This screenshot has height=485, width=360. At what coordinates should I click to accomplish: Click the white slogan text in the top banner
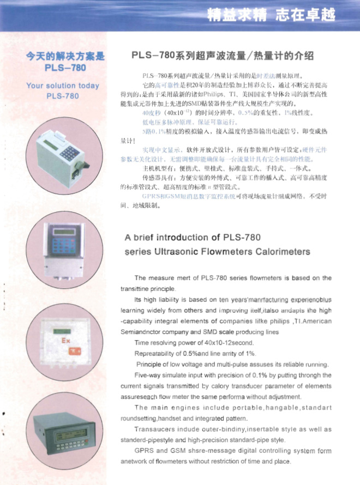[271, 15]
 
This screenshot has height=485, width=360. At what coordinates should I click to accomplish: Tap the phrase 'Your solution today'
[63, 86]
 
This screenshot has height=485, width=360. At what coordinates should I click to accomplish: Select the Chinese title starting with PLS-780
[223, 56]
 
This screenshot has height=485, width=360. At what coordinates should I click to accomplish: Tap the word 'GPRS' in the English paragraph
[144, 451]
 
